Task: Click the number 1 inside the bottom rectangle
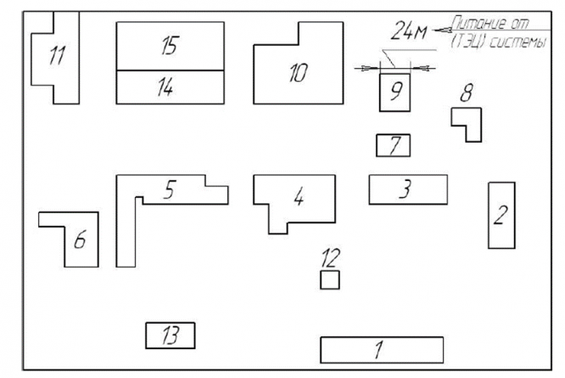click(379, 349)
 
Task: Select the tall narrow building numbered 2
click(501, 215)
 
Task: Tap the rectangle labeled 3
click(408, 189)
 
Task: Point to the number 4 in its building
click(298, 198)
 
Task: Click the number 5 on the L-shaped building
click(170, 191)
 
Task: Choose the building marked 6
click(81, 241)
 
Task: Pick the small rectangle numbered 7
click(393, 145)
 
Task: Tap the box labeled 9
click(394, 92)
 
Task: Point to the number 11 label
click(57, 57)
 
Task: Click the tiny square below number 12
click(329, 279)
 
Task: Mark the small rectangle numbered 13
click(171, 336)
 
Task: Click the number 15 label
click(169, 47)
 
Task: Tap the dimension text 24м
click(409, 32)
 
